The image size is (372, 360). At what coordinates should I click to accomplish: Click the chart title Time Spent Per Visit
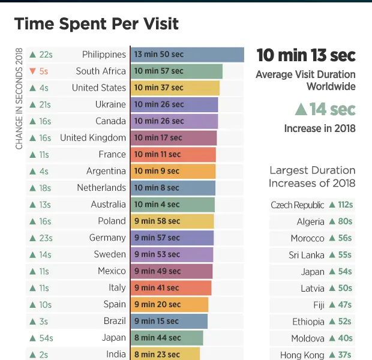(x=96, y=24)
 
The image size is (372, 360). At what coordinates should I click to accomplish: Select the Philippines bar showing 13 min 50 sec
(x=187, y=55)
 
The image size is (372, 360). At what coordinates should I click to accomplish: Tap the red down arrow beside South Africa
(x=32, y=71)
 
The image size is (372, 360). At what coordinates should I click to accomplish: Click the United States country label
(x=99, y=88)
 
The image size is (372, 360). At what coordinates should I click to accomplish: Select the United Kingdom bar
(x=173, y=138)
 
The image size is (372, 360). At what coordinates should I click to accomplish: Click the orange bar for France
(x=173, y=155)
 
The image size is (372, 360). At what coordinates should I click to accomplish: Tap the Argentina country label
(x=106, y=171)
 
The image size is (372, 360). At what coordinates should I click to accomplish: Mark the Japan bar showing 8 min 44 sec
(x=166, y=338)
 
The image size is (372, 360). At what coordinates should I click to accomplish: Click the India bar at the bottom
(x=165, y=354)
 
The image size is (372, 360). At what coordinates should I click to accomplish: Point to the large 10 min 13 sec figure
(x=306, y=56)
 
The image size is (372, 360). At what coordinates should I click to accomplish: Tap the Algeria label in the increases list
(x=310, y=221)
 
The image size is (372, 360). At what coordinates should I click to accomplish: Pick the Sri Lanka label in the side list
(x=306, y=255)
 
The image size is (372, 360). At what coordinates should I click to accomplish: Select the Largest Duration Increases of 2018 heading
(x=312, y=177)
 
